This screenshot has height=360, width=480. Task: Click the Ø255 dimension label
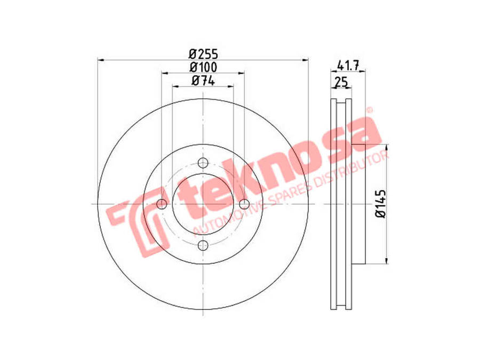(x=203, y=54)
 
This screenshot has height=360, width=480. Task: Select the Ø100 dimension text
(x=203, y=67)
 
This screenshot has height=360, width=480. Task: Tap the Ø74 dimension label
(x=203, y=81)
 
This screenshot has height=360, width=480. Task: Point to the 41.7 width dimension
(x=348, y=66)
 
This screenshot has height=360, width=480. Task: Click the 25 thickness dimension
(x=341, y=82)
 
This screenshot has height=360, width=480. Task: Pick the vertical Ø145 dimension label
(x=381, y=204)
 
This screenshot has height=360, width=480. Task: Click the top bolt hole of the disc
(x=203, y=163)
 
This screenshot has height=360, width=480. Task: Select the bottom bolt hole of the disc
(x=203, y=245)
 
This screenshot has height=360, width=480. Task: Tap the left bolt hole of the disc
(x=162, y=204)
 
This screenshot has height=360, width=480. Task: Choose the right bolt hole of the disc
(x=244, y=204)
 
